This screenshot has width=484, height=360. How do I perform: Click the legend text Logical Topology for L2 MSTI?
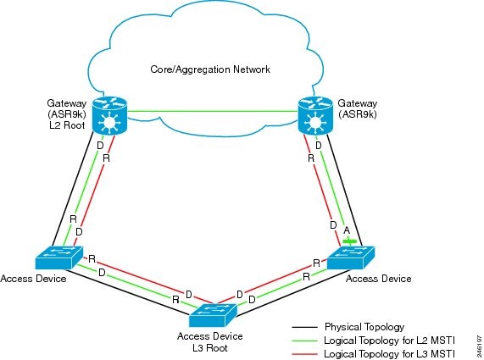(x=387, y=339)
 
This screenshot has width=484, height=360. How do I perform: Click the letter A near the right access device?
(x=346, y=230)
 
